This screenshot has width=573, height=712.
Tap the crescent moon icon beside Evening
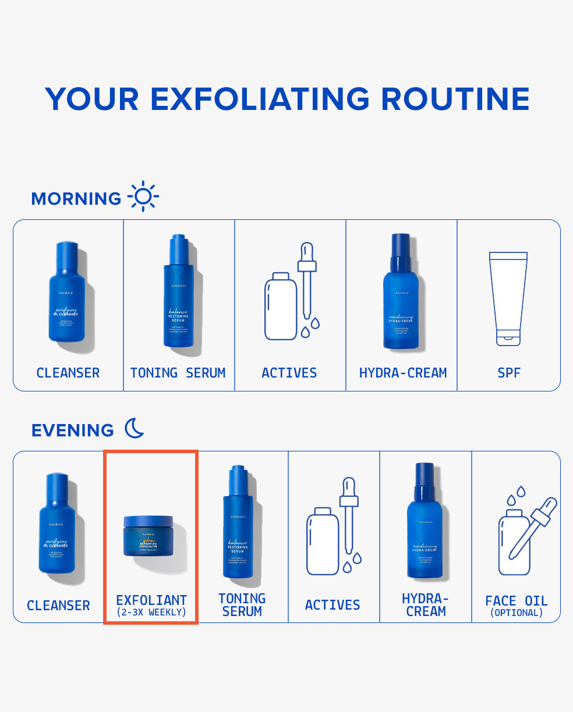tap(135, 429)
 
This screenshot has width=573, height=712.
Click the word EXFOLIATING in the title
tap(259, 99)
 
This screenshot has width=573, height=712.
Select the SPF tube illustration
tap(508, 298)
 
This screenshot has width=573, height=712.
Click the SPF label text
tap(508, 373)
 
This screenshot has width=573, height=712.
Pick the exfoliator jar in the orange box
tap(148, 536)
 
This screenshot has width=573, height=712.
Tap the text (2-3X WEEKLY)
tap(151, 613)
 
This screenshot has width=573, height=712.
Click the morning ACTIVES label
tap(289, 373)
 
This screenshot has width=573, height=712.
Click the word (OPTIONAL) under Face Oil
tap(517, 613)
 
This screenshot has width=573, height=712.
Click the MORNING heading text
tap(76, 198)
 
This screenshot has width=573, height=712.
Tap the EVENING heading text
tap(73, 430)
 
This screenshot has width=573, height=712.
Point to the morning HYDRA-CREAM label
tap(403, 373)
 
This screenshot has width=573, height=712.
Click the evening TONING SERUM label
tap(242, 605)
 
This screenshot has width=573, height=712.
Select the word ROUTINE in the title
tap(455, 99)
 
